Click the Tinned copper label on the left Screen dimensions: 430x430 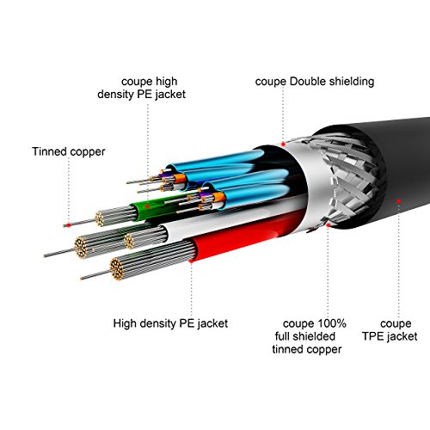click(x=69, y=151)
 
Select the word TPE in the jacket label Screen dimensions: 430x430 click(x=373, y=336)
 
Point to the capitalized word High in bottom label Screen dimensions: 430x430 click(x=124, y=323)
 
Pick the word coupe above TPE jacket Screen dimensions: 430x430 click(x=396, y=324)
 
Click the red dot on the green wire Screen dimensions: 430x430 click(x=147, y=206)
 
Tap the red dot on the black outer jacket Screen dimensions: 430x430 click(x=398, y=201)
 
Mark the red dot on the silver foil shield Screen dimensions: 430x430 click(x=283, y=144)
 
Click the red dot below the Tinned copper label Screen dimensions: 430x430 click(x=69, y=225)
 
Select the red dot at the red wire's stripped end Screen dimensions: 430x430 click(x=191, y=261)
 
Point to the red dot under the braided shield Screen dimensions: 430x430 click(x=329, y=225)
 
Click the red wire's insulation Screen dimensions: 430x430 click(x=247, y=234)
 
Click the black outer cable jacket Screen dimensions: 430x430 click(x=402, y=172)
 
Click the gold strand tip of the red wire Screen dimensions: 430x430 click(x=117, y=269)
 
